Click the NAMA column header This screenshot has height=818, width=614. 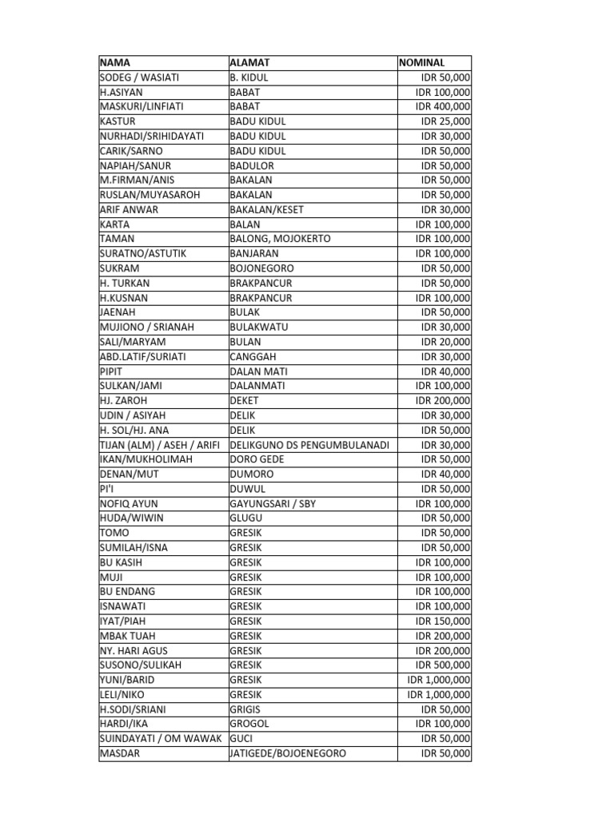click(115, 62)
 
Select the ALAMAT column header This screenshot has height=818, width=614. click(249, 62)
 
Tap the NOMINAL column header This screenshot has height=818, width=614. click(422, 62)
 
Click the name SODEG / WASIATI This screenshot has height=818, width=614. click(139, 77)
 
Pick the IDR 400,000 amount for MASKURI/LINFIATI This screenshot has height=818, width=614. click(442, 107)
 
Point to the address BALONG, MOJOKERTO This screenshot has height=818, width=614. click(280, 239)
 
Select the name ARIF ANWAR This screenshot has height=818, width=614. click(129, 209)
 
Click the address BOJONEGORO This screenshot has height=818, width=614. click(261, 268)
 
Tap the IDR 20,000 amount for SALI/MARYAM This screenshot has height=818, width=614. click(445, 342)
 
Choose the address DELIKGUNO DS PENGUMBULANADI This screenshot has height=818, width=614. click(309, 445)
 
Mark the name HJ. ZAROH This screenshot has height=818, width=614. click(123, 400)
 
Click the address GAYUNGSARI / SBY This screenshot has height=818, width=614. click(273, 503)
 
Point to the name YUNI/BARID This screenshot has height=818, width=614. click(126, 680)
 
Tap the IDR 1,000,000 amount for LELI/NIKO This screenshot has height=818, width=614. click(438, 694)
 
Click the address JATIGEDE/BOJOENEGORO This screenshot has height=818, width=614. click(288, 753)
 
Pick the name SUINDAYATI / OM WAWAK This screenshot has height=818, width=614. click(160, 738)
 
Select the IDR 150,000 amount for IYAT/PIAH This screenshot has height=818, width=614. click(442, 621)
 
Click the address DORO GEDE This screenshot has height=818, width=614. click(257, 459)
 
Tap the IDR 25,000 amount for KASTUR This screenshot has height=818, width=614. click(445, 121)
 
